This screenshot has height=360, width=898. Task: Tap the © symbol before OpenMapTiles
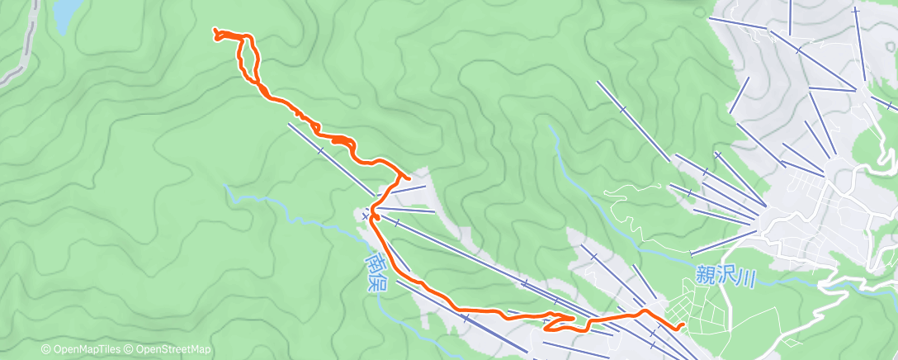point(45,350)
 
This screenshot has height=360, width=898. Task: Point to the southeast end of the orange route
point(682,326)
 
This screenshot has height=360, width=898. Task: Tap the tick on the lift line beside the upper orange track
point(319,150)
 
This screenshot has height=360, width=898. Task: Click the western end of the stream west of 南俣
point(227,187)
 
